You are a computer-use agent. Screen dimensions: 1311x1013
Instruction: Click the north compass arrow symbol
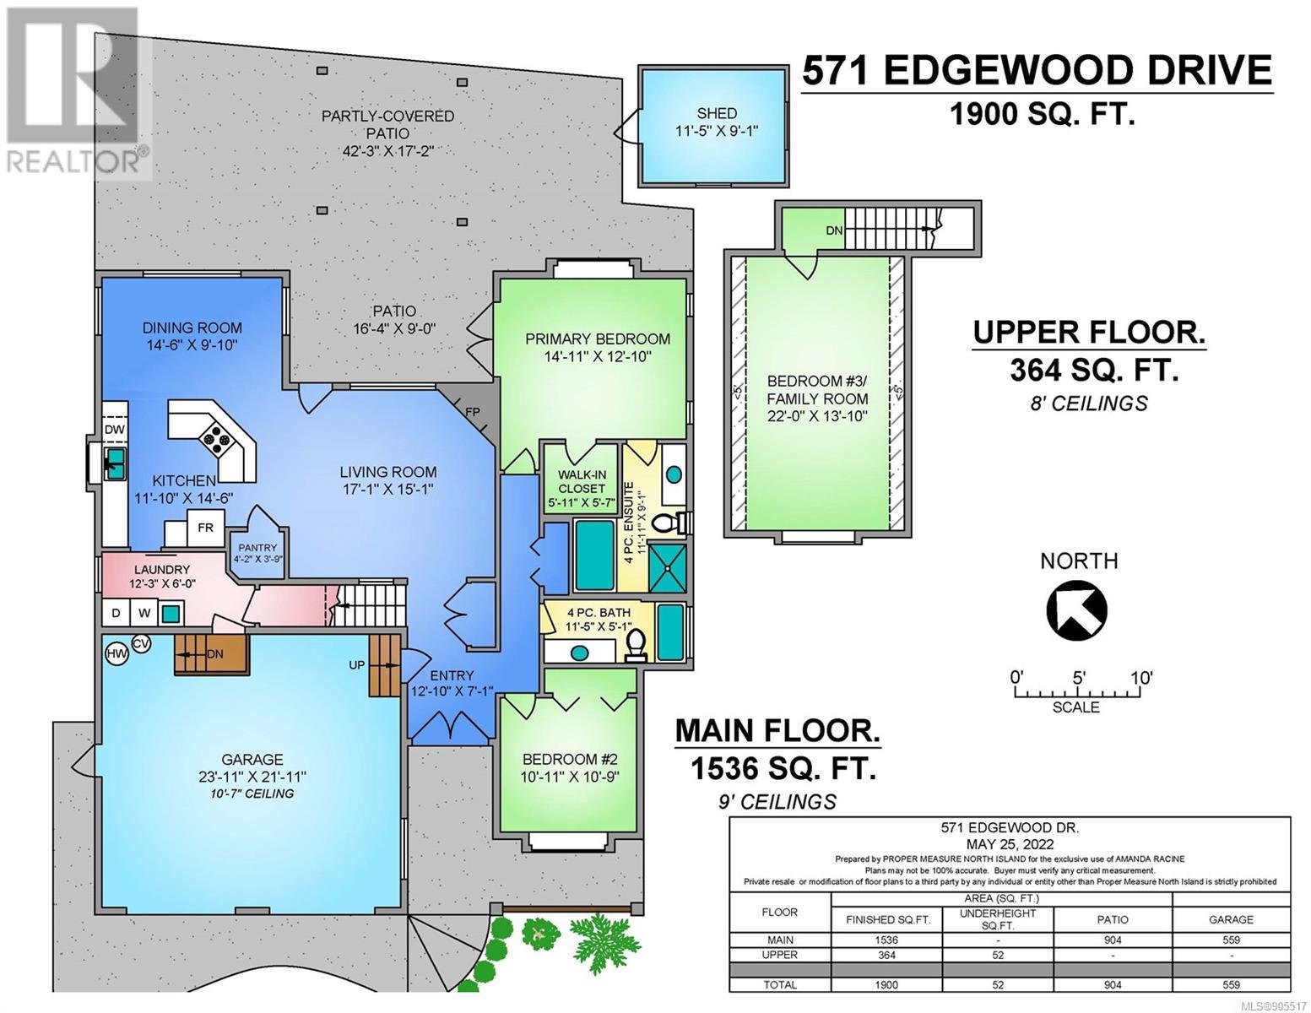[1076, 610]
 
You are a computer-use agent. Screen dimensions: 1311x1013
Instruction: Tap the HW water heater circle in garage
[117, 653]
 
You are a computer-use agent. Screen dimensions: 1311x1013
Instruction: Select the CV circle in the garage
[141, 644]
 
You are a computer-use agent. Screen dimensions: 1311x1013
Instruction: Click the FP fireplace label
[473, 412]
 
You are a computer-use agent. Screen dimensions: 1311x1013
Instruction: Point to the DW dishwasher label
[115, 430]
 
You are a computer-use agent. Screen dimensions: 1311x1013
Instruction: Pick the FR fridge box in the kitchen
[206, 528]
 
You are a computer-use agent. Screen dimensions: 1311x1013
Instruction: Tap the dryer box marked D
[116, 613]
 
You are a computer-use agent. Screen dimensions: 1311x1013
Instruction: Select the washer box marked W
[144, 613]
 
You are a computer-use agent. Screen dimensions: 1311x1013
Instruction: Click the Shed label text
[716, 113]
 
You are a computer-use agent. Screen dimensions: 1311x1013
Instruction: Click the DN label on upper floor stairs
[834, 230]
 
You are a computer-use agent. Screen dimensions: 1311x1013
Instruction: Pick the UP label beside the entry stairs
[356, 664]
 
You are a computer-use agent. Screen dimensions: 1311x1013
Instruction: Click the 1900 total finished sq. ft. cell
[886, 984]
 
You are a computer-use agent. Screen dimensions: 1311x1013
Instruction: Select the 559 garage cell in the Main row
[1231, 940]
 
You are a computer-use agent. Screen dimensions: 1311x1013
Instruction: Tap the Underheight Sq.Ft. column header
[997, 919]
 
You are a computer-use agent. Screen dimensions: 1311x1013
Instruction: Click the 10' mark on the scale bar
[1141, 678]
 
